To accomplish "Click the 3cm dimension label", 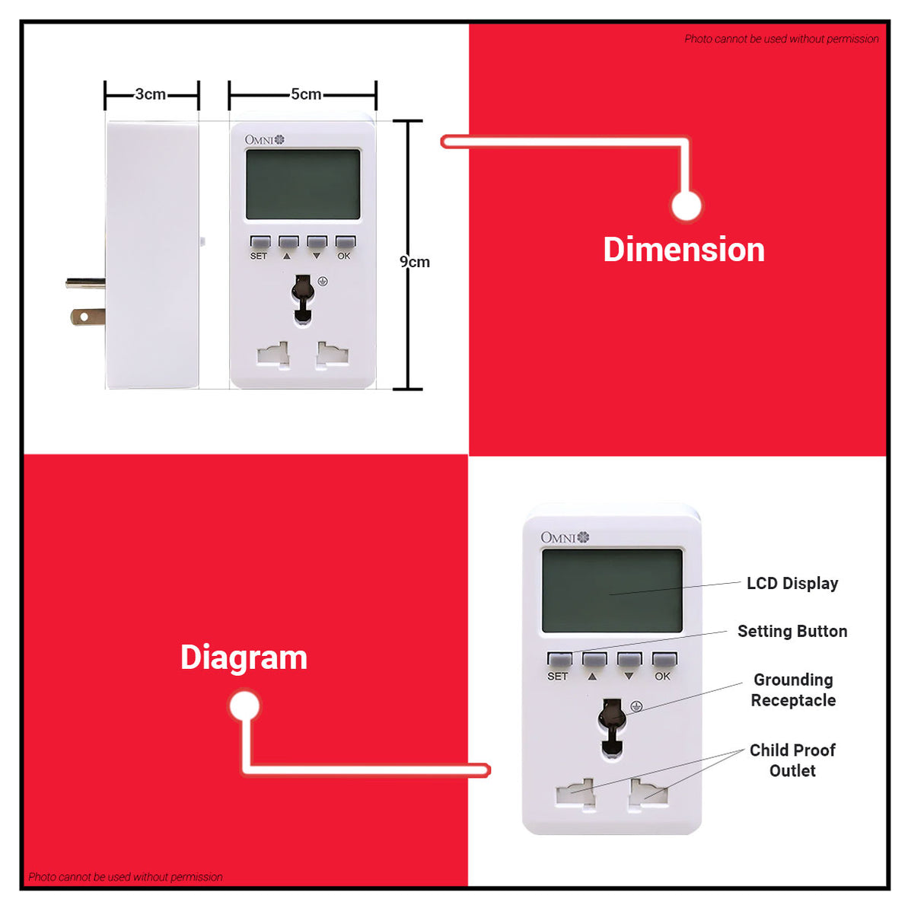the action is tap(151, 94).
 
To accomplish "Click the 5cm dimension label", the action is tap(306, 94).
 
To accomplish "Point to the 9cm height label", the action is tap(415, 262).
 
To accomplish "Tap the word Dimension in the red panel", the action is tap(684, 250).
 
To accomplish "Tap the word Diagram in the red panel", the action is tap(244, 658).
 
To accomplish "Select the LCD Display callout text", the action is tap(792, 583).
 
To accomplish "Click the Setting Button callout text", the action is tap(792, 632).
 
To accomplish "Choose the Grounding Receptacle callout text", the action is tap(794, 690).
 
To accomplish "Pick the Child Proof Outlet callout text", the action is tap(792, 760).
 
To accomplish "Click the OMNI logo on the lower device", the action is tap(565, 537).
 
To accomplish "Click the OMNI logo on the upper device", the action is tap(264, 139).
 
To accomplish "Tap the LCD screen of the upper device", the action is tap(303, 184).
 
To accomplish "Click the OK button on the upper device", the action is tap(346, 241).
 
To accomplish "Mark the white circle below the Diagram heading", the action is tap(244, 706).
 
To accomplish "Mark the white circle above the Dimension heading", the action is tap(686, 205).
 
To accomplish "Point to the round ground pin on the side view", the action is tap(85, 284).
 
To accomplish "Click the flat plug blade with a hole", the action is tap(88, 317).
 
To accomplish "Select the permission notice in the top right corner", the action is tap(782, 39).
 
